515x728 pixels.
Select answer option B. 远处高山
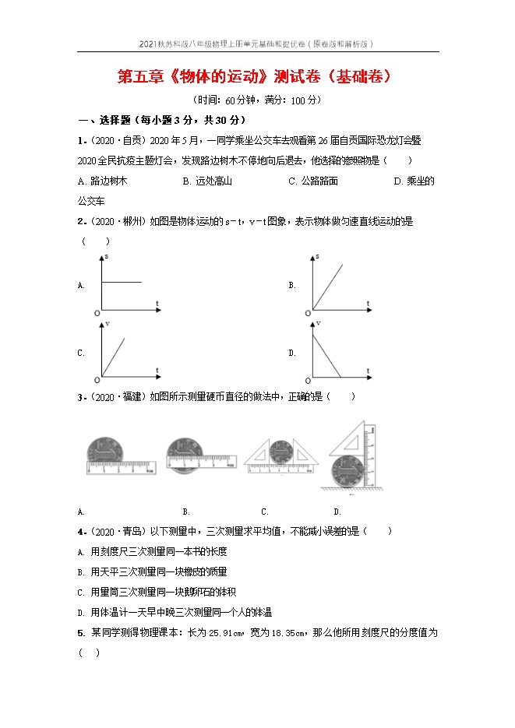(207, 181)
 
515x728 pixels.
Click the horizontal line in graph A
(122, 282)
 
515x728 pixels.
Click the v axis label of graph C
(108, 322)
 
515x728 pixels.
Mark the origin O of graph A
(97, 313)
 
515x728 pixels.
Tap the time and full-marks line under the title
(257, 100)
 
